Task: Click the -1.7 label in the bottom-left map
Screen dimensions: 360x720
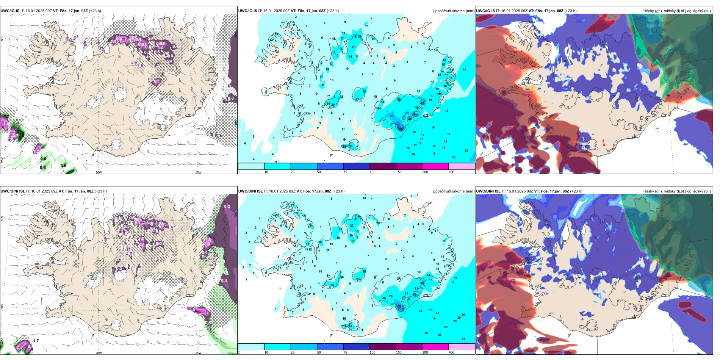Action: point(35,341)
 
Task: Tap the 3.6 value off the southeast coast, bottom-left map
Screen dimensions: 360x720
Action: point(192,310)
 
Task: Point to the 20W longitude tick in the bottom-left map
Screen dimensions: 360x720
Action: point(99,353)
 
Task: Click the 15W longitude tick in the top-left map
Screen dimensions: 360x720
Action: point(198,172)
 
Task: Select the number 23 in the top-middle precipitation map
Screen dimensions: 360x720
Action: point(454,157)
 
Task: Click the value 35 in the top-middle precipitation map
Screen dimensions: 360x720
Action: point(391,116)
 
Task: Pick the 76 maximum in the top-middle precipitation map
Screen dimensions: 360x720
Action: point(401,129)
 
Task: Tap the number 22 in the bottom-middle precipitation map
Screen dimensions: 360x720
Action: point(352,225)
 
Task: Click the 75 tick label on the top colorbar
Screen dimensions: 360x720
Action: point(345,172)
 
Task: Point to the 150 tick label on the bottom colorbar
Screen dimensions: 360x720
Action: point(399,352)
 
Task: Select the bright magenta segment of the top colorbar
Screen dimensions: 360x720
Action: point(435,166)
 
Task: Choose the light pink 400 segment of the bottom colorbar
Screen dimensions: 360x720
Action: point(462,347)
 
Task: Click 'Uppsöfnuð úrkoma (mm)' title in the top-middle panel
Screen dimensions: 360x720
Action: point(453,11)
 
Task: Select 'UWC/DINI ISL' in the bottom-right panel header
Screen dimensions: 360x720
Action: point(488,191)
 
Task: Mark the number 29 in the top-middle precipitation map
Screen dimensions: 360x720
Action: point(333,105)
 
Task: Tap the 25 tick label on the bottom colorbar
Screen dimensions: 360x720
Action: point(293,352)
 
